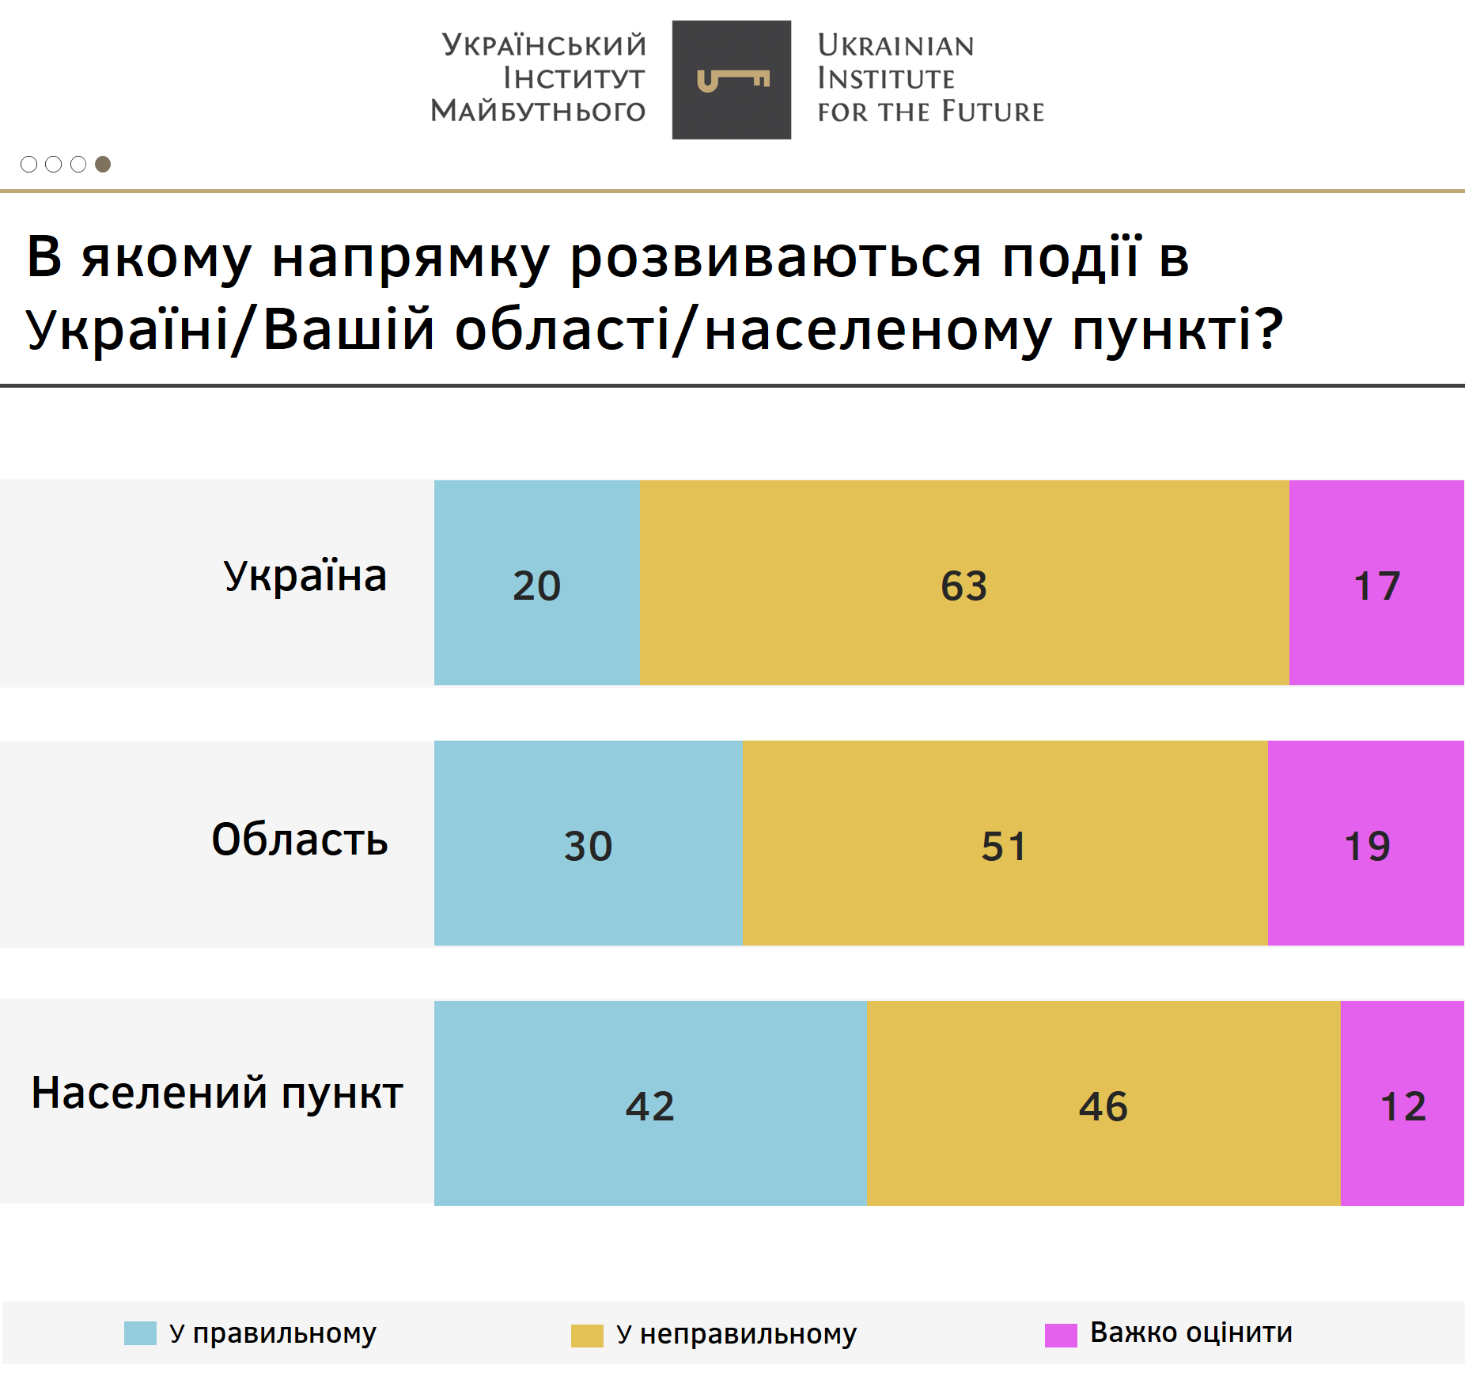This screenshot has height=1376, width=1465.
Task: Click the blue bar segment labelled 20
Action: click(536, 582)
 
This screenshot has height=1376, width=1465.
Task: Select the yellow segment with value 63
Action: click(964, 582)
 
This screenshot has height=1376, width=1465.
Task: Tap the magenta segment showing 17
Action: click(1376, 582)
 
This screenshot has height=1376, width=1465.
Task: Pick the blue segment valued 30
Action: click(589, 843)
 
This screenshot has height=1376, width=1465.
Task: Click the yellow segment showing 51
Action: click(1005, 843)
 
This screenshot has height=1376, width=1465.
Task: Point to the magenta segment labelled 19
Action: click(1366, 843)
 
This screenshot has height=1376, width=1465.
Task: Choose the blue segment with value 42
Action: click(650, 1103)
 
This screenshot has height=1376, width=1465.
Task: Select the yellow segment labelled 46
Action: click(1103, 1103)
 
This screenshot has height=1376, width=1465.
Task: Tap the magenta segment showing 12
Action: click(1403, 1103)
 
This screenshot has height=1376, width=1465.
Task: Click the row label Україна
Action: click(305, 576)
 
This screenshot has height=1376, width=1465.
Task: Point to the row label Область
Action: click(300, 840)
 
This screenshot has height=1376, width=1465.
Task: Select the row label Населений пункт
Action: click(218, 1094)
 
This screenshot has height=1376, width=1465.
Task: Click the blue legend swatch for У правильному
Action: click(140, 1333)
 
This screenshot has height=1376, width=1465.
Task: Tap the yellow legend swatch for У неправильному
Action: click(587, 1336)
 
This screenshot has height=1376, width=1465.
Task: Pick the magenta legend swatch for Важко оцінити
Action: click(1061, 1335)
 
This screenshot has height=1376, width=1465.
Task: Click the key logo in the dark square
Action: click(732, 80)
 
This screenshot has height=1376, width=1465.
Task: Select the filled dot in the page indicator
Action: click(103, 164)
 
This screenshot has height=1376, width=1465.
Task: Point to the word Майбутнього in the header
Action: click(539, 111)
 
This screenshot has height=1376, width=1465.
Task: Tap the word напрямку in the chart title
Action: click(410, 258)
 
